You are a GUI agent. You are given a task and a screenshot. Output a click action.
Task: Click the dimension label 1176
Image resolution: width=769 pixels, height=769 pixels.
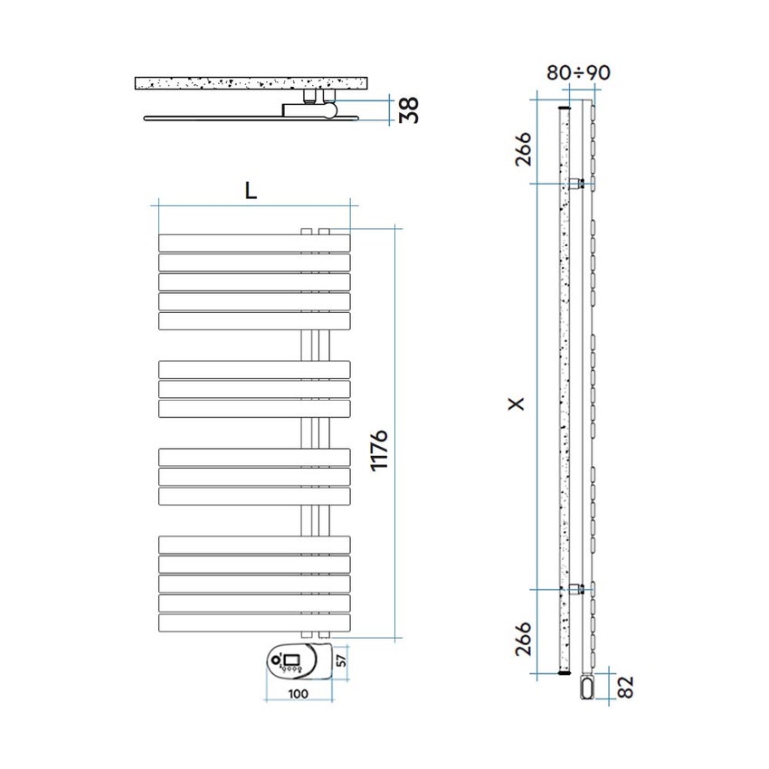point(379,451)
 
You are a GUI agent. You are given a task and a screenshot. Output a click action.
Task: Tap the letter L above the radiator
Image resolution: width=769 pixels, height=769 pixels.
point(251,190)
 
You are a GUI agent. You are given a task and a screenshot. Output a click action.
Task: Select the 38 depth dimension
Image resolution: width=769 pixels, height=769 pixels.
point(409,109)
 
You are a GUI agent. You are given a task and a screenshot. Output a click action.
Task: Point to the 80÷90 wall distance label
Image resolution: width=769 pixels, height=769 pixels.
point(578,72)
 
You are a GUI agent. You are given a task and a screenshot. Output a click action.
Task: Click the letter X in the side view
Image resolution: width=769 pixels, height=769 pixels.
point(517,403)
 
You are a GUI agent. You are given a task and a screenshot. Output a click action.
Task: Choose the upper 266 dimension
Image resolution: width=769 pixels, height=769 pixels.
point(523,148)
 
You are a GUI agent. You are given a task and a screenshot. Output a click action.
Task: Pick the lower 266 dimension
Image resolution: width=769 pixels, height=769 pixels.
point(523,638)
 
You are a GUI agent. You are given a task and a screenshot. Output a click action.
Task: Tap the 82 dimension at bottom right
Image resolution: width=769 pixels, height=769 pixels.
point(626,687)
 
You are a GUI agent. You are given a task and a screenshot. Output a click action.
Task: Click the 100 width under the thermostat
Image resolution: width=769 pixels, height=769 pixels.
point(299,694)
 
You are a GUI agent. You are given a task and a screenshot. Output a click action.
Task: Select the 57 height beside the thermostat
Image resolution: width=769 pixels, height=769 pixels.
point(342,660)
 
